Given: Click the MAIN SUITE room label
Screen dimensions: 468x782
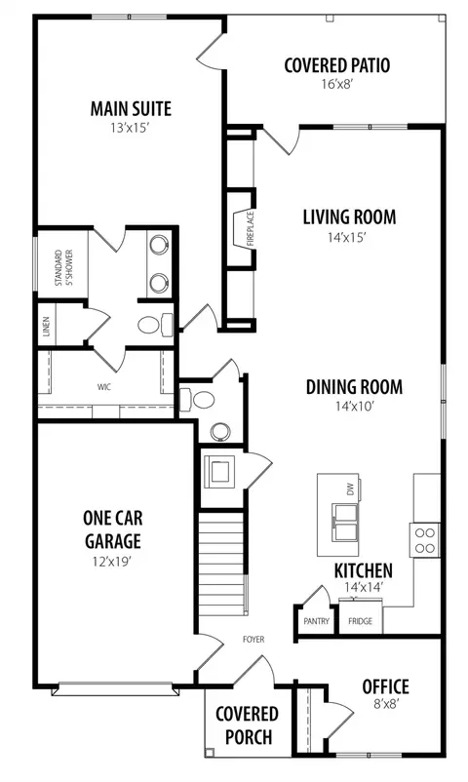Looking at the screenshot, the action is click(x=131, y=109).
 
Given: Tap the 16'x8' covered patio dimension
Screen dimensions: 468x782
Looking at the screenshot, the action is click(x=337, y=84).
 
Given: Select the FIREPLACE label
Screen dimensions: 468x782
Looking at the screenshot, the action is click(x=250, y=229).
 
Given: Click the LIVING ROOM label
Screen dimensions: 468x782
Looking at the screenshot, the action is click(x=349, y=216).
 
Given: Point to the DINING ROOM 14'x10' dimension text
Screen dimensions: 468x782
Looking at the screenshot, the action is click(x=354, y=407).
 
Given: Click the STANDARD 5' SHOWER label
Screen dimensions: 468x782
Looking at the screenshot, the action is click(x=64, y=267).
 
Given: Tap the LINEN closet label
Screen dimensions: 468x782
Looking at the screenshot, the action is click(x=47, y=327).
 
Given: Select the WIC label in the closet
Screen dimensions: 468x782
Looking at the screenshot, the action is click(x=104, y=387).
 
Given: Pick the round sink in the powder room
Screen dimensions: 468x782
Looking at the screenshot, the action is click(x=220, y=431).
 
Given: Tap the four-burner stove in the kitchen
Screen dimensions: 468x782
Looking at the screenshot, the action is click(x=424, y=539).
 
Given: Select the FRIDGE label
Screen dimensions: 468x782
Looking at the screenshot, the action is click(x=360, y=621).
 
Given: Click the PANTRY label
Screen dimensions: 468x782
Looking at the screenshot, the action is click(x=316, y=621).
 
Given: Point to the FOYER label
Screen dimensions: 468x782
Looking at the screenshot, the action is click(x=253, y=639).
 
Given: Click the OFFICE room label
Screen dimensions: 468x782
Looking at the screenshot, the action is click(x=386, y=686).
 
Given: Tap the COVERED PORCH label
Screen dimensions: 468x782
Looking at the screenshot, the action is click(x=247, y=725).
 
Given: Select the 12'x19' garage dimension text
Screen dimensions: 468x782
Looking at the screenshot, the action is click(x=112, y=562).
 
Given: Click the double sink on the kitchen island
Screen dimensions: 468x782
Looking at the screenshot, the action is click(x=345, y=523).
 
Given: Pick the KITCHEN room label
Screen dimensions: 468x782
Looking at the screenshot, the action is click(x=364, y=570).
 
